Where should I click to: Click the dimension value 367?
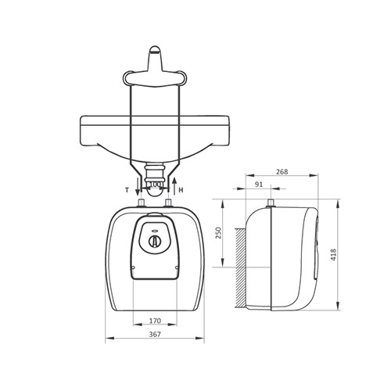(x=155, y=334)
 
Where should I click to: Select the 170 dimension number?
(x=155, y=321)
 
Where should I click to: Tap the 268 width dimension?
(x=282, y=172)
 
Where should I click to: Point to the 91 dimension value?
(x=259, y=185)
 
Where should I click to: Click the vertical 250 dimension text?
(x=218, y=233)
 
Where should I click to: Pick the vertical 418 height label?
(x=333, y=255)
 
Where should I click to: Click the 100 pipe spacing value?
(x=155, y=184)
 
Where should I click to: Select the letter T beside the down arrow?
(x=127, y=190)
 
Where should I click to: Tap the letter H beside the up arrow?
(x=181, y=190)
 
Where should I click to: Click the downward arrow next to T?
(x=138, y=186)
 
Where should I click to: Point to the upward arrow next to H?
(x=174, y=186)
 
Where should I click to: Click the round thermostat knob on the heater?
(x=155, y=242)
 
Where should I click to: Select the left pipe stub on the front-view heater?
(x=141, y=203)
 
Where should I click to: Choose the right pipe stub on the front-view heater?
(x=169, y=203)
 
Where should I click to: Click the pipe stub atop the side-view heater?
(x=271, y=203)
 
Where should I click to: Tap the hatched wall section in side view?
(x=241, y=267)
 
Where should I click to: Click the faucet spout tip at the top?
(x=156, y=49)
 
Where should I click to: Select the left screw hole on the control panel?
(x=134, y=267)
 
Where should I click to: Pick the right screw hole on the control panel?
(x=177, y=267)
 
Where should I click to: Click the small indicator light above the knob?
(x=155, y=231)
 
